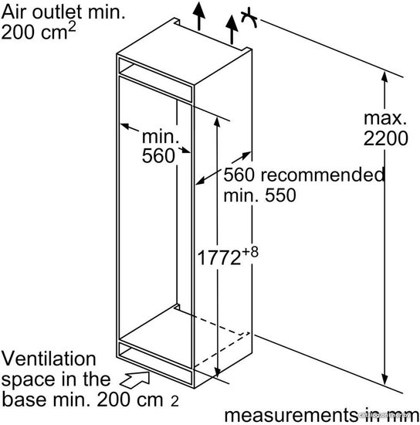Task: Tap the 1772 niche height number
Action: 219,257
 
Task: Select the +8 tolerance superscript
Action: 250,252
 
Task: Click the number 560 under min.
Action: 158,155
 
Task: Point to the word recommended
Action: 323,175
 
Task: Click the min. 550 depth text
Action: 259,195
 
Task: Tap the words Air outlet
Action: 42,12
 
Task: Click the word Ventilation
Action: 49,359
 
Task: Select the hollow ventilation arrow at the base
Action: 135,379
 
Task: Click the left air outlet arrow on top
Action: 199,15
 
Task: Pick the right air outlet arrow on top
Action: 232,29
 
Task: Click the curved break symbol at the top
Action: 249,17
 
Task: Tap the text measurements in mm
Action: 321,415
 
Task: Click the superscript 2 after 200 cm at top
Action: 72,28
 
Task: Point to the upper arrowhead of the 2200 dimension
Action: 384,76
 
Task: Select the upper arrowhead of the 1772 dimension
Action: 217,123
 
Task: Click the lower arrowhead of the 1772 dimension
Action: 217,371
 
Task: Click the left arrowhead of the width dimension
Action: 126,127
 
